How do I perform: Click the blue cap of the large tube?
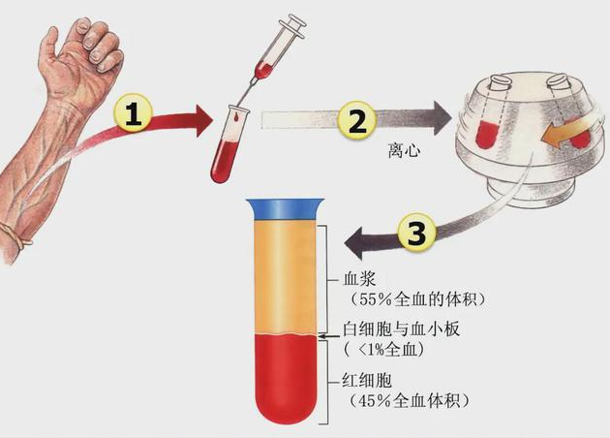click(x=285, y=206)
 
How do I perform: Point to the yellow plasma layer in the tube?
click(x=285, y=276)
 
